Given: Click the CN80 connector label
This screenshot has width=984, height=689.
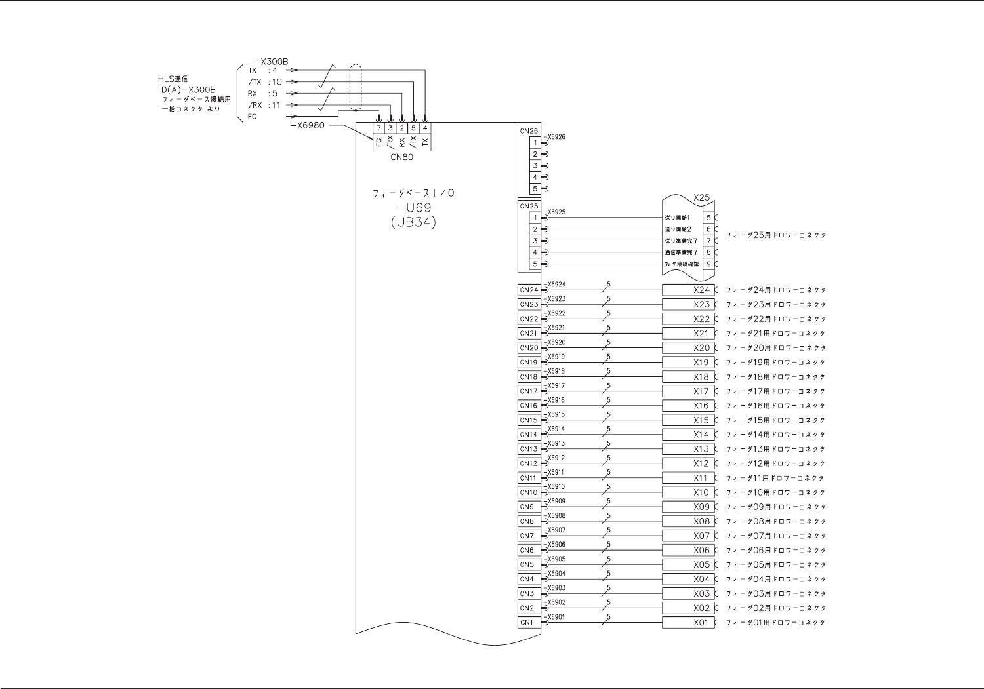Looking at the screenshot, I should coord(401,157).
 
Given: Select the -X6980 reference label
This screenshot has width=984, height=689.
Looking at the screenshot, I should coord(306,125).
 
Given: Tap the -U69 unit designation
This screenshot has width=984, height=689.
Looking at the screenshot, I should coord(413,208).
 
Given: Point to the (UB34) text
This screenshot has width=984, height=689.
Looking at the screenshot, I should coord(413,222).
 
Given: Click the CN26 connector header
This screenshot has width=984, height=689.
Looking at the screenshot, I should coord(529,131).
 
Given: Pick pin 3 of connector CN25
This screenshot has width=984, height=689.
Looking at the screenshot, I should coord(535,241).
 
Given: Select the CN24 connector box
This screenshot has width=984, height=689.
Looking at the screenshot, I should coord(529,290).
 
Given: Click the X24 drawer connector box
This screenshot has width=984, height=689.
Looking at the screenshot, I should coord(687,290).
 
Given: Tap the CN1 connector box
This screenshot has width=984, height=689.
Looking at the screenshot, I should coord(527,622).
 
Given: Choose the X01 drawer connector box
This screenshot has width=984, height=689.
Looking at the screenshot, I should coord(687,622).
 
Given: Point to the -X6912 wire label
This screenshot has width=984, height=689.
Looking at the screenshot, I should coord(556,458).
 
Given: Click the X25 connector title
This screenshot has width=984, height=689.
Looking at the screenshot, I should coord(701,197).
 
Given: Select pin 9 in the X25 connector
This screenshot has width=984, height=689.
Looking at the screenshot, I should coord(708,264).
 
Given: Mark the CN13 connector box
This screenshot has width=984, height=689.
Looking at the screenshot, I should coord(529,449).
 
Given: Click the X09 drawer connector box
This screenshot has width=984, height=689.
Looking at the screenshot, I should coord(687,507).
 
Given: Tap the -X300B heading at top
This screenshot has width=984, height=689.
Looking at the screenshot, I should coord(270,61).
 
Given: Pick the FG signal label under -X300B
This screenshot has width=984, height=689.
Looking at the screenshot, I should coord(253,117).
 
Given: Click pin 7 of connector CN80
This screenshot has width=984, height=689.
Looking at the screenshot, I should coord(379,128).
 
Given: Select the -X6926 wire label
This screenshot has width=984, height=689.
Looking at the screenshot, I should coord(556,137).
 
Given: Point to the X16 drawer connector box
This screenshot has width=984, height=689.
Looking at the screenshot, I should coord(687,406).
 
